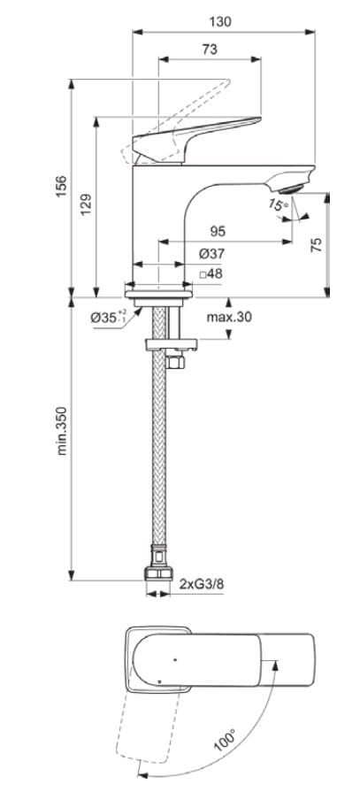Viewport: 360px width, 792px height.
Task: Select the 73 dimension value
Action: [x=209, y=50]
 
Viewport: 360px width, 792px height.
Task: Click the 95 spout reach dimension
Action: [x=217, y=231]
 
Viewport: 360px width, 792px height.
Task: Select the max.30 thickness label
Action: [x=229, y=317]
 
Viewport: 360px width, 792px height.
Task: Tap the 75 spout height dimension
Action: [x=317, y=244]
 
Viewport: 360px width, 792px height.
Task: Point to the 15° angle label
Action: [x=278, y=205]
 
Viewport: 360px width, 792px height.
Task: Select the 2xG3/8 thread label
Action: [x=200, y=585]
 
